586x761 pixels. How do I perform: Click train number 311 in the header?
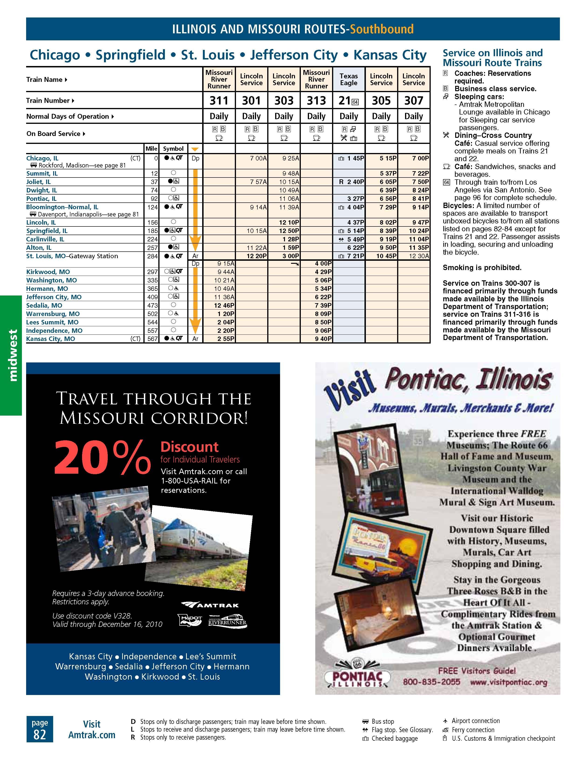coord(219,101)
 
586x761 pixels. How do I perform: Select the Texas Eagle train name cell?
coord(348,80)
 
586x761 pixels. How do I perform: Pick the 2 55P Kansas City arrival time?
coord(226,339)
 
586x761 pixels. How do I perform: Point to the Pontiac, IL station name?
coord(41,199)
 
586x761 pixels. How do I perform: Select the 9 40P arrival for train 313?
coord(323,339)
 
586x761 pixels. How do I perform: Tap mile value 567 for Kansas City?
coord(152,339)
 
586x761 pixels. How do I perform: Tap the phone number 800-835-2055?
coord(431,682)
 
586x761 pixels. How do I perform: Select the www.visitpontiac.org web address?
coord(508,682)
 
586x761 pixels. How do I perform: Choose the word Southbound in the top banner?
coord(381,29)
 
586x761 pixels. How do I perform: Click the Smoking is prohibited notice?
coord(482,268)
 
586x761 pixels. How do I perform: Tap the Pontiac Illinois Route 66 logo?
coord(357,676)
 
